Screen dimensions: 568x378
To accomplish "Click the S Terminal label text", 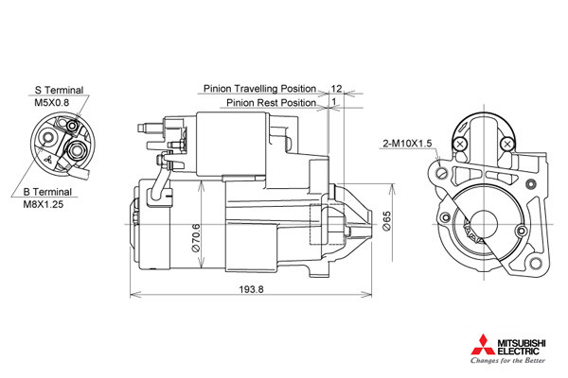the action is pos(59,90).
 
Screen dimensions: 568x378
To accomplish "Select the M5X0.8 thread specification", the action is pos(51,102).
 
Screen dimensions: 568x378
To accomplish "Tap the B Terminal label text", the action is pos(47,192).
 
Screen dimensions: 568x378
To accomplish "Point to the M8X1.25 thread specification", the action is pos(44,204).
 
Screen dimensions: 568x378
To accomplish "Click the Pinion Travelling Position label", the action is pos(259,89).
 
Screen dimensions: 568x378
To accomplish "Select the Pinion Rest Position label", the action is pos(271,103).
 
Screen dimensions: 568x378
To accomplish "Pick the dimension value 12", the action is pos(336,89).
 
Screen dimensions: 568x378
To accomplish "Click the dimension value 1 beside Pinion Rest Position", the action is pos(334,102).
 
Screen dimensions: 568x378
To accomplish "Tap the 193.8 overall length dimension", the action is pos(252,289).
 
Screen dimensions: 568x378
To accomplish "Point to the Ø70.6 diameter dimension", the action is pos(196,238).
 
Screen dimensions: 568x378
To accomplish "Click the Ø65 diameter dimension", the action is pos(387,221).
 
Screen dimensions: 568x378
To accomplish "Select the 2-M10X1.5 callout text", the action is pos(407,144).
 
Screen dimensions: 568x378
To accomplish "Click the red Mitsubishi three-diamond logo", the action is pos(483,345).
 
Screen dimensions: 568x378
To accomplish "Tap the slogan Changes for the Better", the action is pos(507,360).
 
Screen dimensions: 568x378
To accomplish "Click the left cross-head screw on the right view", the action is pos(460,145).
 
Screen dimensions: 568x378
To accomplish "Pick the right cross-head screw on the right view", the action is pos(507,145).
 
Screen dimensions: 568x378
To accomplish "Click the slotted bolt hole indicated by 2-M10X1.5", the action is pos(442,173).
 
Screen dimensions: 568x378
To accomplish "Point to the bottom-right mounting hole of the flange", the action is pos(536,263).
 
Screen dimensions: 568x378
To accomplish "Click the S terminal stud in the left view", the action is pos(73,126).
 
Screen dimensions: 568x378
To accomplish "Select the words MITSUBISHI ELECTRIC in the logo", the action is pos(522,347).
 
